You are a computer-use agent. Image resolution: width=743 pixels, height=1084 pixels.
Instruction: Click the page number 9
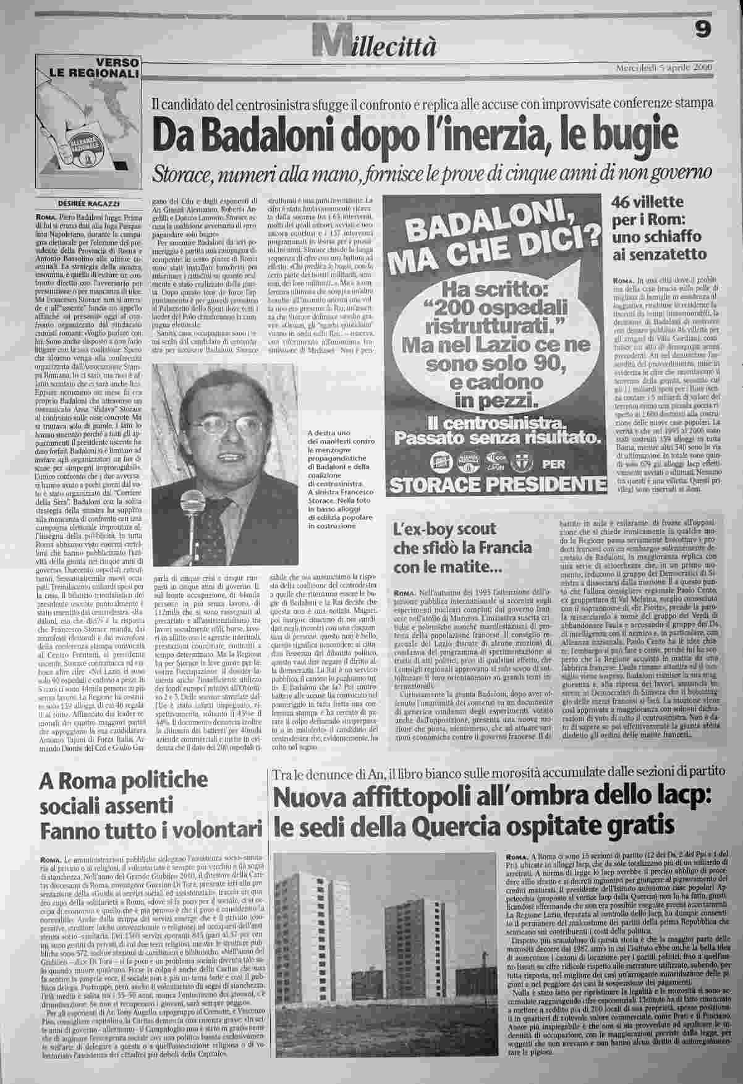(702, 30)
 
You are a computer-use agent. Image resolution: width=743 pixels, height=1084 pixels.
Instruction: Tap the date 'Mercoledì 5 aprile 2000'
(664, 67)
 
